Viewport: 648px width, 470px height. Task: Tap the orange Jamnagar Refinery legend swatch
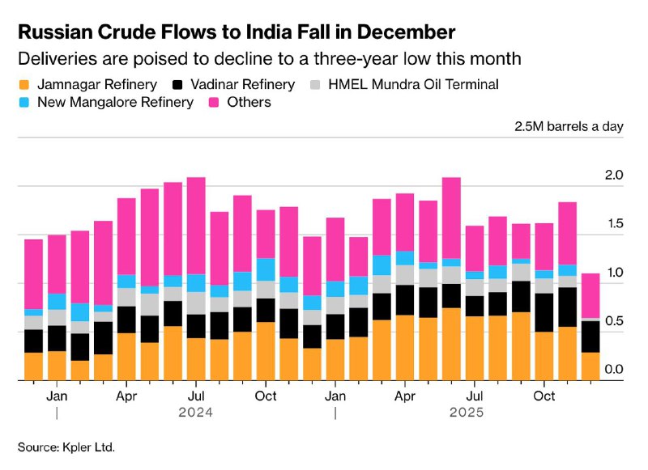click(x=25, y=84)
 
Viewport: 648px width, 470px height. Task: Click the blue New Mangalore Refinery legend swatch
click(x=25, y=103)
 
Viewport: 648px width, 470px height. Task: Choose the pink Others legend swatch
click(x=215, y=103)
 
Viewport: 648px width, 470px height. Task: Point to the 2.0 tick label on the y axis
click(x=613, y=176)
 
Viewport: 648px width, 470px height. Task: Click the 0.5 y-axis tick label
click(x=613, y=321)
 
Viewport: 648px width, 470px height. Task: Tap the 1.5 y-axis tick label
click(x=613, y=224)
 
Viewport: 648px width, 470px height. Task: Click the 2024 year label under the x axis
click(x=197, y=413)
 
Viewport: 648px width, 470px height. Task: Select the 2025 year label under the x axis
click(x=467, y=413)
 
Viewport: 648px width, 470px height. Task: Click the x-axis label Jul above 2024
click(x=196, y=396)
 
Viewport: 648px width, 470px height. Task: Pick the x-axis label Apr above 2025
click(x=405, y=396)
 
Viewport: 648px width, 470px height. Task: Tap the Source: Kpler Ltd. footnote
click(x=67, y=446)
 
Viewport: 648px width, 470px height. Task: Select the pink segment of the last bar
click(x=591, y=295)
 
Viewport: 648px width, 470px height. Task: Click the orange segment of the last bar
click(x=591, y=366)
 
